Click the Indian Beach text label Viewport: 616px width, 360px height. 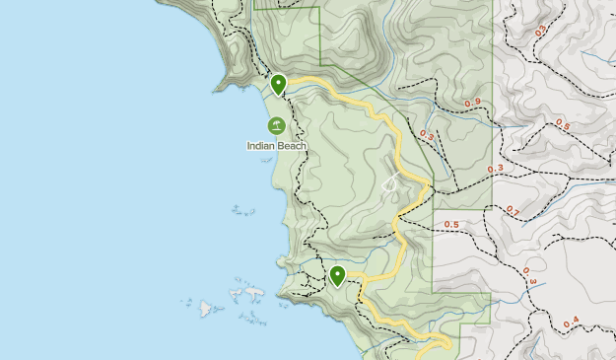pyautogui.click(x=277, y=146)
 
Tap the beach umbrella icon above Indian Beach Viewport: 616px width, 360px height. pyautogui.click(x=277, y=126)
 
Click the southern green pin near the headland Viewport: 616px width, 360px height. pyautogui.click(x=338, y=275)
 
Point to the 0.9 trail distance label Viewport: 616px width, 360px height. pyautogui.click(x=472, y=103)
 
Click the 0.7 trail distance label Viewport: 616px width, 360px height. pyautogui.click(x=512, y=211)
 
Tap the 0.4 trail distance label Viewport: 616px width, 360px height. pyautogui.click(x=571, y=322)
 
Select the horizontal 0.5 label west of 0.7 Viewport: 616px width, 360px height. pyautogui.click(x=451, y=225)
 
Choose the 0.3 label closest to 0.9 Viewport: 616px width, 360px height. pyautogui.click(x=427, y=135)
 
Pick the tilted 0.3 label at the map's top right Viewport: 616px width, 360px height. pyautogui.click(x=539, y=31)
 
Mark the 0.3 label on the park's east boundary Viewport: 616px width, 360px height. pyautogui.click(x=495, y=169)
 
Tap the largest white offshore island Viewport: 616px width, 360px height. pyautogui.click(x=252, y=293)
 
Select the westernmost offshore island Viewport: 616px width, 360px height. pyautogui.click(x=206, y=309)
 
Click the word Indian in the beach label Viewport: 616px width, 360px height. pyautogui.click(x=262, y=146)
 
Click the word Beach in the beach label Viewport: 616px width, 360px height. pyautogui.click(x=292, y=146)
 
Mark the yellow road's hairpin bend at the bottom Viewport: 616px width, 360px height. pyautogui.click(x=448, y=342)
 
